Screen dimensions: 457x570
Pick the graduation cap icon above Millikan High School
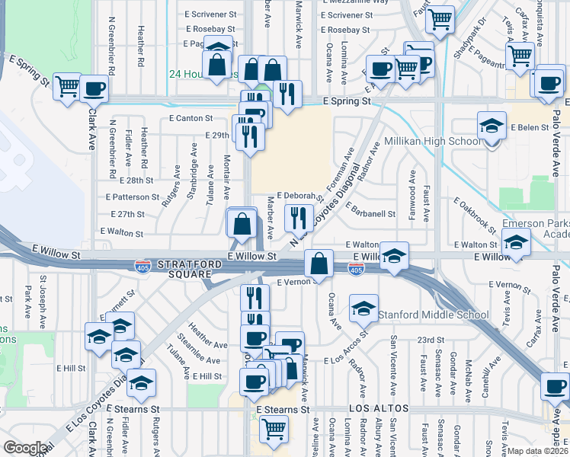[492, 126]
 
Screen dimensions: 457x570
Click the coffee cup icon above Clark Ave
[94, 88]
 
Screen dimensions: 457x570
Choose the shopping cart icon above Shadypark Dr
[440, 21]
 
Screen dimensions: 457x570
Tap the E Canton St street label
[190, 118]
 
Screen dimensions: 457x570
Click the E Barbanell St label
[371, 214]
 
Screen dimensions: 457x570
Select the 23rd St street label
[431, 339]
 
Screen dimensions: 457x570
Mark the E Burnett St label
[120, 300]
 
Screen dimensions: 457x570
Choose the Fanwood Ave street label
[412, 190]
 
